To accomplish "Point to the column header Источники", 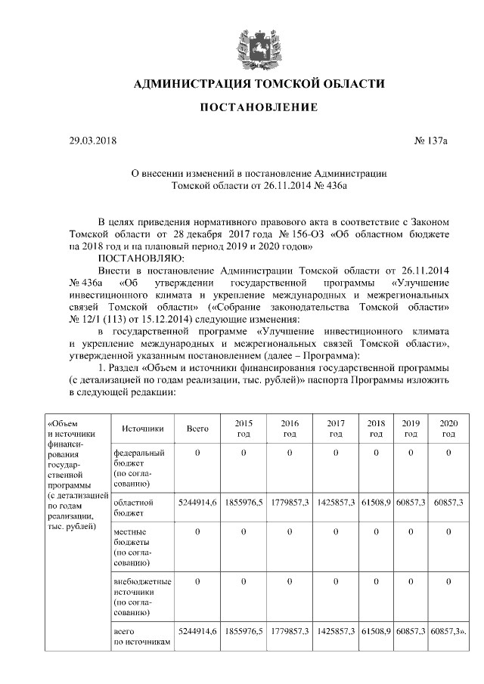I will [142, 429].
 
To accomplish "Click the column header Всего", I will [197, 429].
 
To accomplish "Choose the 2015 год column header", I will [244, 429].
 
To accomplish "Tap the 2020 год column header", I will [448, 429].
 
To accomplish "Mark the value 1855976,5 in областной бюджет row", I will [244, 502].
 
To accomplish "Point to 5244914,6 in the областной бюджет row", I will [197, 502].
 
